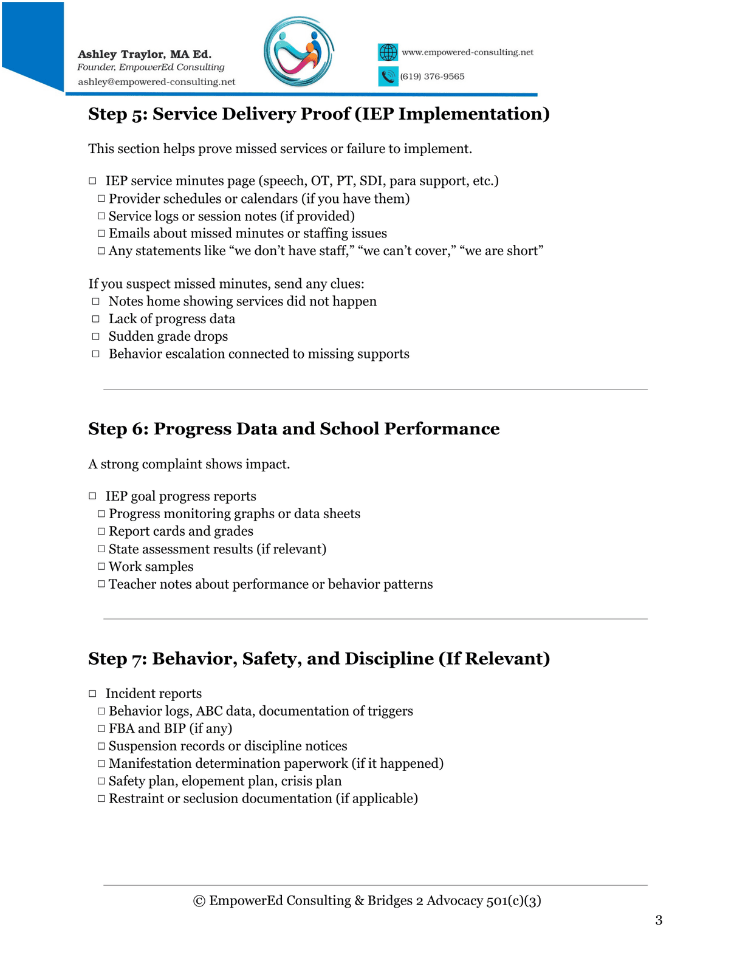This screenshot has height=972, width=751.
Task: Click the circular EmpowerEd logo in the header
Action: click(x=298, y=52)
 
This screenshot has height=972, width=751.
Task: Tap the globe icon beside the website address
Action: click(x=388, y=52)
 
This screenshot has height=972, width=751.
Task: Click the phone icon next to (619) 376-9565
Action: click(x=388, y=77)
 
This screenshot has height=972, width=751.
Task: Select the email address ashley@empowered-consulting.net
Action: click(x=156, y=82)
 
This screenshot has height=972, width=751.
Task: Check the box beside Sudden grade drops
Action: click(x=95, y=336)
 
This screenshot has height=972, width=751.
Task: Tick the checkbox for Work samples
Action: click(x=101, y=566)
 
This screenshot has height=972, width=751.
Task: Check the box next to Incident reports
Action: click(x=92, y=693)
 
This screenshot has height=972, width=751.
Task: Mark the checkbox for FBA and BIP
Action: click(x=101, y=728)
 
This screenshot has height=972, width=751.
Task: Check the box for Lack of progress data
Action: click(x=95, y=318)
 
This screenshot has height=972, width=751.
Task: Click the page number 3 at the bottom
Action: click(x=659, y=920)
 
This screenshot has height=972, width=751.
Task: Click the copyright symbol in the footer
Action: click(x=199, y=901)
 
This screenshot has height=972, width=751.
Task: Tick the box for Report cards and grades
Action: click(x=101, y=531)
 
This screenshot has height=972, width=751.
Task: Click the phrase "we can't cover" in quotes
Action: click(x=407, y=251)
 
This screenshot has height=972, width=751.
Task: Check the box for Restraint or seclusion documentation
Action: click(x=101, y=798)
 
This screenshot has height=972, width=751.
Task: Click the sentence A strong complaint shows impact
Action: click(x=189, y=464)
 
